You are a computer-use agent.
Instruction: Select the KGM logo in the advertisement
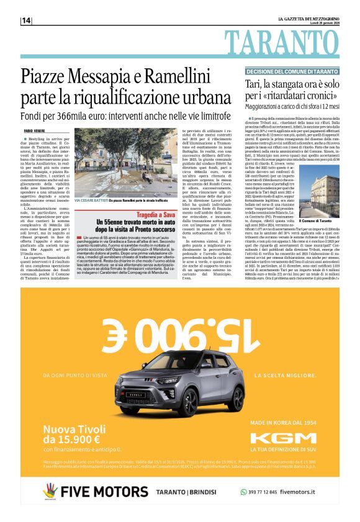pyautogui.click(x=282, y=438)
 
